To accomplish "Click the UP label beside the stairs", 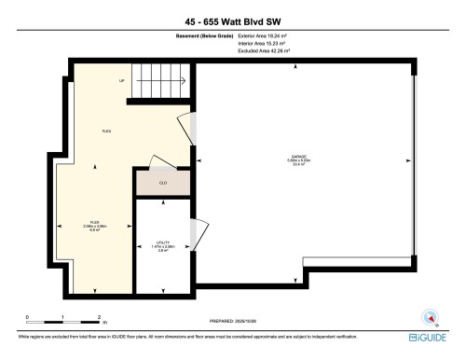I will tap(122, 81).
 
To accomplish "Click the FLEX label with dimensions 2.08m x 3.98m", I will tap(96, 227).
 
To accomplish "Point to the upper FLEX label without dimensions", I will tap(107, 131).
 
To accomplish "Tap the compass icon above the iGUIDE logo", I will tap(431, 315).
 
